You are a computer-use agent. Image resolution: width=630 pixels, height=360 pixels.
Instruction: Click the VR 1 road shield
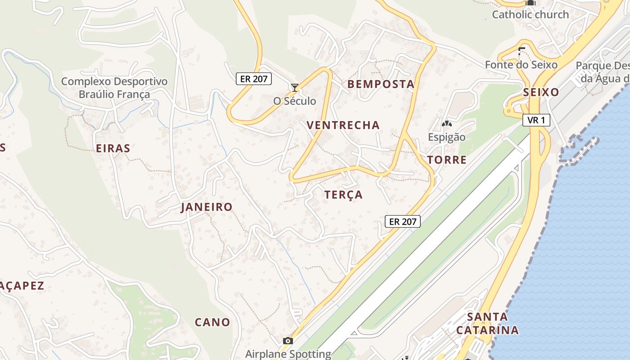point(536,120)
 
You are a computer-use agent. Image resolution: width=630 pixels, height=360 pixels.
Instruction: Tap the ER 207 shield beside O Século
point(254,79)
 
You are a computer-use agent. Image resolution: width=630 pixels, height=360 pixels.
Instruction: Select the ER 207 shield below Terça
point(403,221)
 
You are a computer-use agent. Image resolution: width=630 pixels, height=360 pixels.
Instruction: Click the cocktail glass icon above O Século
point(295,87)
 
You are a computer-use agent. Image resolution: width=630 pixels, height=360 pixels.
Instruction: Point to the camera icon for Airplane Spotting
point(288,341)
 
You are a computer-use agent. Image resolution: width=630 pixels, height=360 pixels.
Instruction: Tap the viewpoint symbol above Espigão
point(446,123)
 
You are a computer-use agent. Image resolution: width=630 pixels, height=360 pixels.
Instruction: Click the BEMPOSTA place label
point(381,84)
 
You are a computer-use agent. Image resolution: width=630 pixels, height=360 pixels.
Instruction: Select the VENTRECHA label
point(343,125)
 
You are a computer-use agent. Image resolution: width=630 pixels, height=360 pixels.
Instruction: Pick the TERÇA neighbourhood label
point(343,195)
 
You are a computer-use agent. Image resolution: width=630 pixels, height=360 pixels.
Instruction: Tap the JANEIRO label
point(207,207)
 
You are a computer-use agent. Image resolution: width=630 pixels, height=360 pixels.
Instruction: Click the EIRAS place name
point(113,148)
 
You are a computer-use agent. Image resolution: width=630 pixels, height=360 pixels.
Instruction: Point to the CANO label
point(212,322)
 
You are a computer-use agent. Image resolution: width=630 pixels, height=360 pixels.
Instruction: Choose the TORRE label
point(447,160)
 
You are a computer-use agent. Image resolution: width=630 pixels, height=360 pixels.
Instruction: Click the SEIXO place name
point(541,93)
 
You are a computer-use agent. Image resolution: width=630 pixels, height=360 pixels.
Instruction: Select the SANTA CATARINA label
point(487,324)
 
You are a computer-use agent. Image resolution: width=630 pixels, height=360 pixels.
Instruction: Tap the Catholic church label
point(530,14)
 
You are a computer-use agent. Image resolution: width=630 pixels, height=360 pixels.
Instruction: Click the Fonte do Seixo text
point(521,65)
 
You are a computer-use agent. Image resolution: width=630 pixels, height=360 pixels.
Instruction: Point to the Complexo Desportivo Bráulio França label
point(114,88)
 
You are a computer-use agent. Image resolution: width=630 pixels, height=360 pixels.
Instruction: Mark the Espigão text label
point(446,137)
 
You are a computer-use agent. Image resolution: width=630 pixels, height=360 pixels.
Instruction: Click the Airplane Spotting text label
point(288,354)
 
